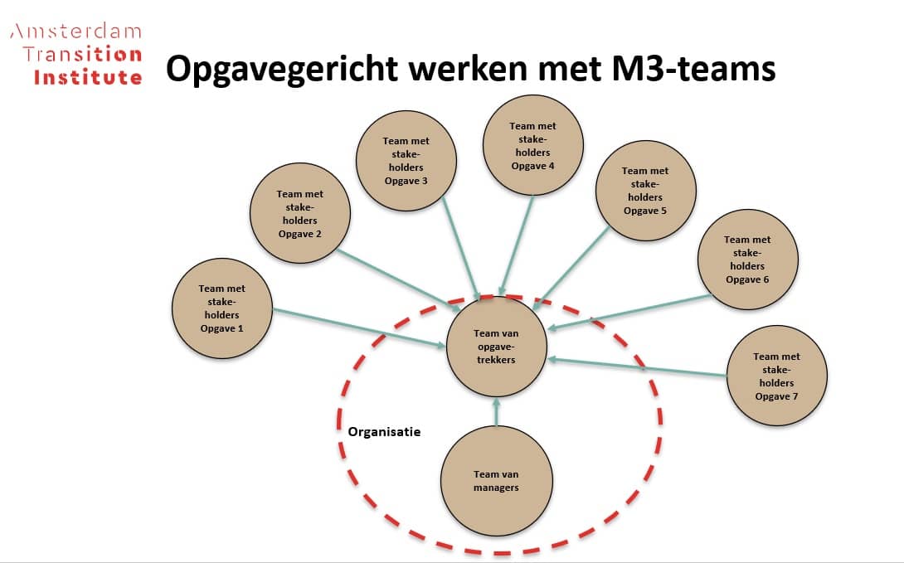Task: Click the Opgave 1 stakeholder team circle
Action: tap(222, 308)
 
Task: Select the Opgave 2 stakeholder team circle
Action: tap(300, 214)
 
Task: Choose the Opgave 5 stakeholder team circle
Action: tap(645, 191)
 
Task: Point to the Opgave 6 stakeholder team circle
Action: tap(747, 260)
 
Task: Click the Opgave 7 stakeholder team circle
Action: tap(777, 376)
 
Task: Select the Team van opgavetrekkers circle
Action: tap(497, 347)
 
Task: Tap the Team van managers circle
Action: tap(496, 481)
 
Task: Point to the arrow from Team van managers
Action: tap(497, 411)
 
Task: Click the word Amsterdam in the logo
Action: tap(75, 32)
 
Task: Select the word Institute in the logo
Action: tap(88, 77)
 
